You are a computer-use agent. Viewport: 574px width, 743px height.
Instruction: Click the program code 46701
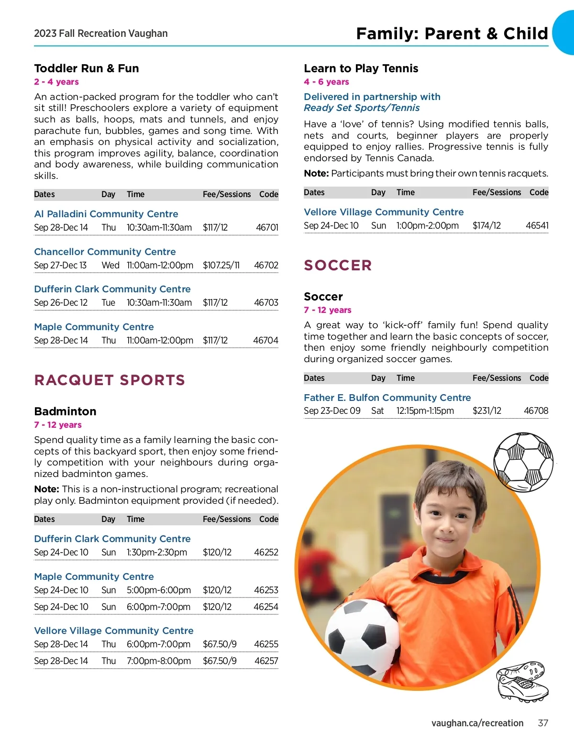(267, 228)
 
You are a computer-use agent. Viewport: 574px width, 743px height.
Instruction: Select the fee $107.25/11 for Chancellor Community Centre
(221, 265)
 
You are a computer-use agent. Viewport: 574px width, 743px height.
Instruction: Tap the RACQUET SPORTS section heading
(110, 380)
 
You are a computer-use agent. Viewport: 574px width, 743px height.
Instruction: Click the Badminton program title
(65, 411)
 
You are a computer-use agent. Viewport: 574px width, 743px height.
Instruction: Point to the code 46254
(266, 607)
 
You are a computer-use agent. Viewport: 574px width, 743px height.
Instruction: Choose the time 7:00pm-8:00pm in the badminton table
(159, 661)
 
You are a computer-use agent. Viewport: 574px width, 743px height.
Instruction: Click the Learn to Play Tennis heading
(361, 68)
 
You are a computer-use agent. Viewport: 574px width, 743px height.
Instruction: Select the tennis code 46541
(537, 225)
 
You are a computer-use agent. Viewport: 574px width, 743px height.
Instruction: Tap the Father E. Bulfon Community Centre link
(387, 398)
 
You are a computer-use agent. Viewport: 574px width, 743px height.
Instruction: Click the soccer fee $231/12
(486, 410)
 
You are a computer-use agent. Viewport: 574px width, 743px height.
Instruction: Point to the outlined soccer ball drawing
(523, 462)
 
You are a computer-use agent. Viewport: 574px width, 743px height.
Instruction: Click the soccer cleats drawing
(522, 682)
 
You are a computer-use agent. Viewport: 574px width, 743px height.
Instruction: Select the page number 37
(542, 723)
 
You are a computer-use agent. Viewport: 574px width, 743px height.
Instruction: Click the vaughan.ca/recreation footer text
(477, 723)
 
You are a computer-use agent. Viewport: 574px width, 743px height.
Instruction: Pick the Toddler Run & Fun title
(87, 68)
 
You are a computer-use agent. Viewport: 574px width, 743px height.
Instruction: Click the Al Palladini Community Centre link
(106, 214)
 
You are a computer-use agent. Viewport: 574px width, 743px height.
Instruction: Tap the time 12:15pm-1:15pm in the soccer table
(425, 410)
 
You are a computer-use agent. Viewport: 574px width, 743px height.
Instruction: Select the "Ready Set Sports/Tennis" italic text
(362, 108)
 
